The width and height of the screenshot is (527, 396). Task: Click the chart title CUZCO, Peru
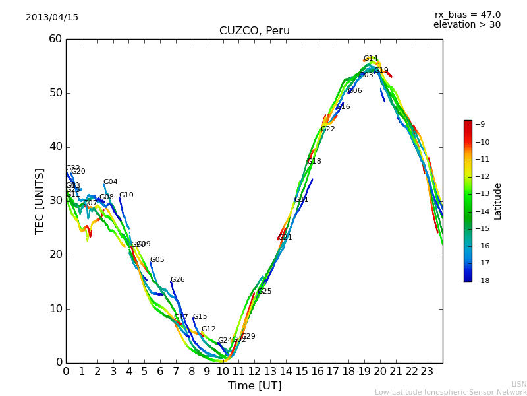click(254, 31)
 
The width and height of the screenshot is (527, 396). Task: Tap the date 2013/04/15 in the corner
click(52, 17)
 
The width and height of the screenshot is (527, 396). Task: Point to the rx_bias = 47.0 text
click(467, 15)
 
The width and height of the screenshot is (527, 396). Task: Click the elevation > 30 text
click(466, 25)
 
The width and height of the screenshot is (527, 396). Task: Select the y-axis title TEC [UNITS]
click(40, 201)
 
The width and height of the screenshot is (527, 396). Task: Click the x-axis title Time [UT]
click(254, 386)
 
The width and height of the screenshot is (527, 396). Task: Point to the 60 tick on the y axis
click(55, 39)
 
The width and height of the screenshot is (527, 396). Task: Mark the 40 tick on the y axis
click(55, 147)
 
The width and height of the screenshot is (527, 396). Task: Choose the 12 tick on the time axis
click(254, 371)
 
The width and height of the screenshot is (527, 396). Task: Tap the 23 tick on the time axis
click(427, 371)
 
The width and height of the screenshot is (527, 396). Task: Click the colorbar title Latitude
click(498, 201)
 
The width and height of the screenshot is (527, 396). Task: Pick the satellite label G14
click(371, 59)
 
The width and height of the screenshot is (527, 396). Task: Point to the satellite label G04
click(110, 182)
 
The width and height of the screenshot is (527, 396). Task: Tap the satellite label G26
click(177, 280)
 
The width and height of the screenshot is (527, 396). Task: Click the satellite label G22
click(328, 129)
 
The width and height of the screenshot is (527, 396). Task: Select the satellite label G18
click(314, 162)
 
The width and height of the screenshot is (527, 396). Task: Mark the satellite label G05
click(157, 260)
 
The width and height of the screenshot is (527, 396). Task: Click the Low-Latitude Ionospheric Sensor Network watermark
click(451, 392)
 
